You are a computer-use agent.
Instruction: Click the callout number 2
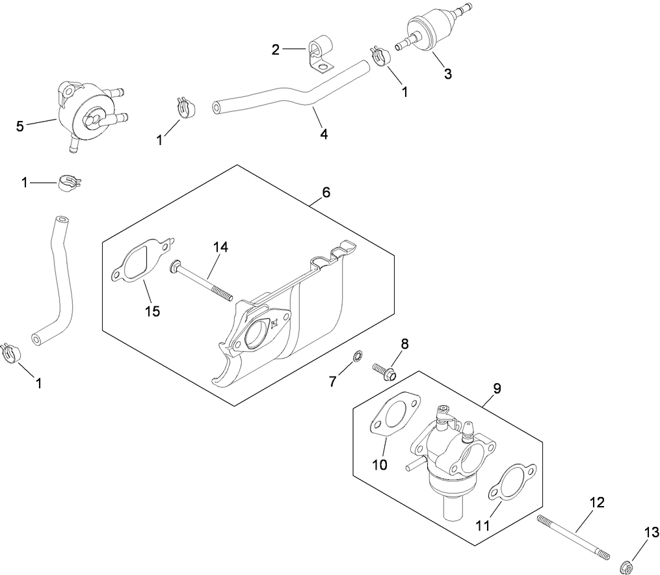coord(276,50)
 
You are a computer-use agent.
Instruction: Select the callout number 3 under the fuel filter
coord(447,74)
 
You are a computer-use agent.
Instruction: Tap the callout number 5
coord(20,126)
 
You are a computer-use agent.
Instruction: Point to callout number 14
coord(221,247)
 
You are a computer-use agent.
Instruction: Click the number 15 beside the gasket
coord(153,311)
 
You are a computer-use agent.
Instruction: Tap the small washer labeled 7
coord(356,356)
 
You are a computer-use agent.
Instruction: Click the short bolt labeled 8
coord(385,371)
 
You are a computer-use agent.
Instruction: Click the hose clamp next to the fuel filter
coord(380,55)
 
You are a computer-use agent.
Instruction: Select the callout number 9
coord(497,389)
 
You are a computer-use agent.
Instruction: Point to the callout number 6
coord(326,192)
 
